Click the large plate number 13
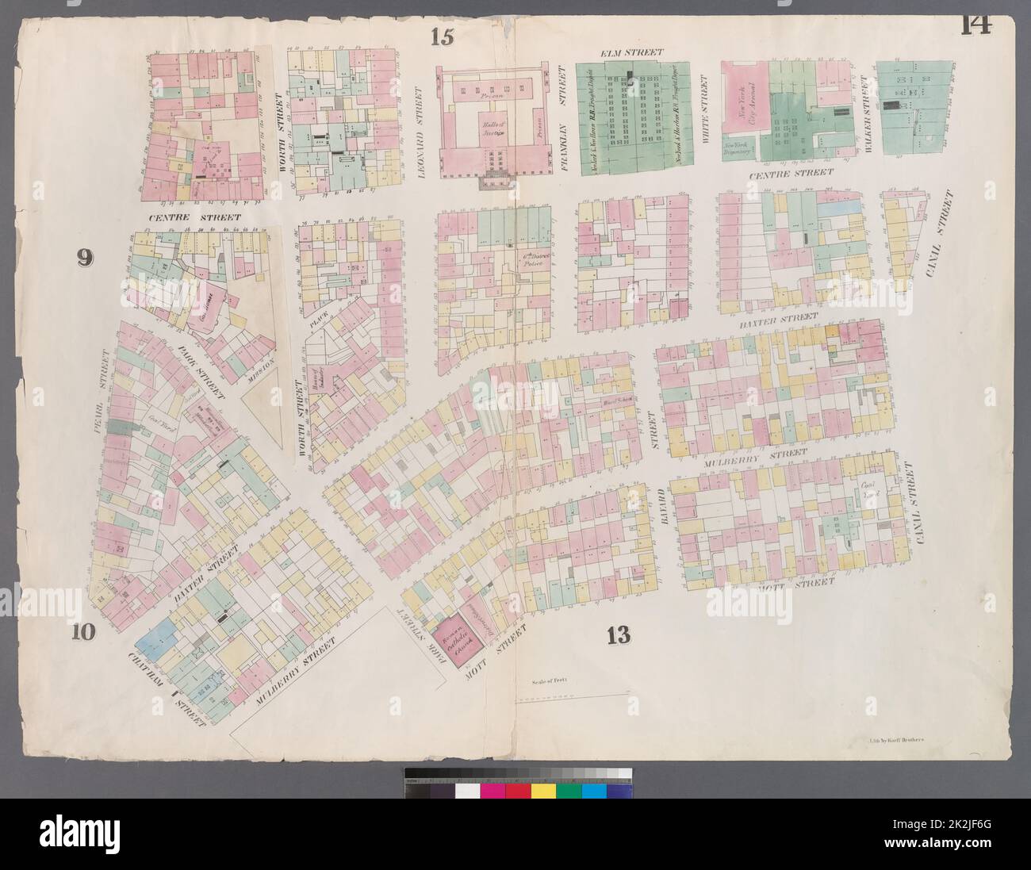tap(618, 634)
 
